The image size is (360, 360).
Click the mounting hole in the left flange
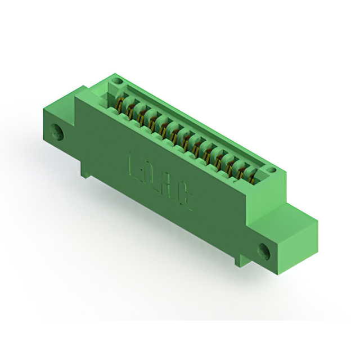pyautogui.click(x=57, y=133)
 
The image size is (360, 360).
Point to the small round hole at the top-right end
pyautogui.click(x=271, y=169)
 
